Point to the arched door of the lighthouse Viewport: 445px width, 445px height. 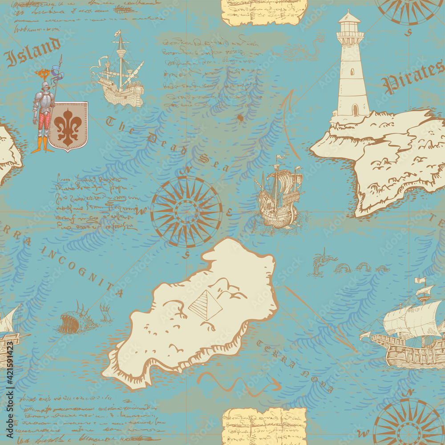(355, 109)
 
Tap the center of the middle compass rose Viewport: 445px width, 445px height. (186, 211)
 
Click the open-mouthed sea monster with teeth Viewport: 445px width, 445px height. (71, 323)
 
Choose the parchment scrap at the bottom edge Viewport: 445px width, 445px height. (264, 425)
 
